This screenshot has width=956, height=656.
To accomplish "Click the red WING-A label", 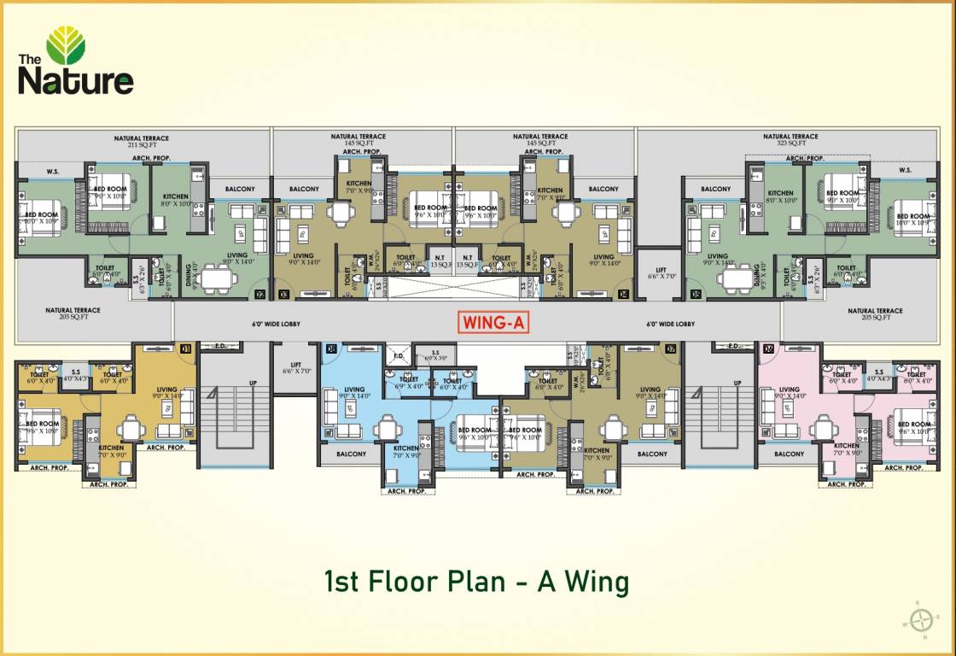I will tap(489, 324).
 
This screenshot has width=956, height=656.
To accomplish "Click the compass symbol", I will tap(921, 619).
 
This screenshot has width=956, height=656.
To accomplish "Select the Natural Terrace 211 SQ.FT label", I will tap(142, 142).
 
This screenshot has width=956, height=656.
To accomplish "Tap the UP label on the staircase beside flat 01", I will tap(253, 383).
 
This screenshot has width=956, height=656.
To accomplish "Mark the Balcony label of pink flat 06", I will tap(789, 454).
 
